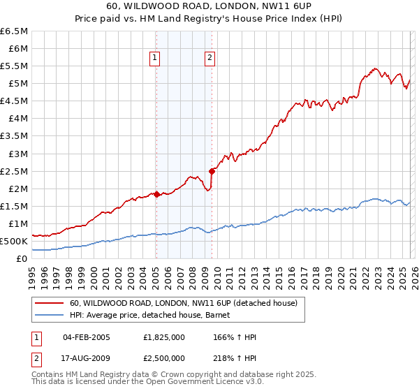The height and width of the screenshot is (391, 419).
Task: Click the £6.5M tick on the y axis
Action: click(15, 31)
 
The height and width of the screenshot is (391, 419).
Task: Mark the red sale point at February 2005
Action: click(156, 194)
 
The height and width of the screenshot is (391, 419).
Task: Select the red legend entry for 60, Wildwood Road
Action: click(184, 303)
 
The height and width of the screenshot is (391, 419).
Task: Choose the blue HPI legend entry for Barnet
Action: click(154, 315)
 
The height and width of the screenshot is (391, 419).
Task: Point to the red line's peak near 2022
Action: click(376, 68)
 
